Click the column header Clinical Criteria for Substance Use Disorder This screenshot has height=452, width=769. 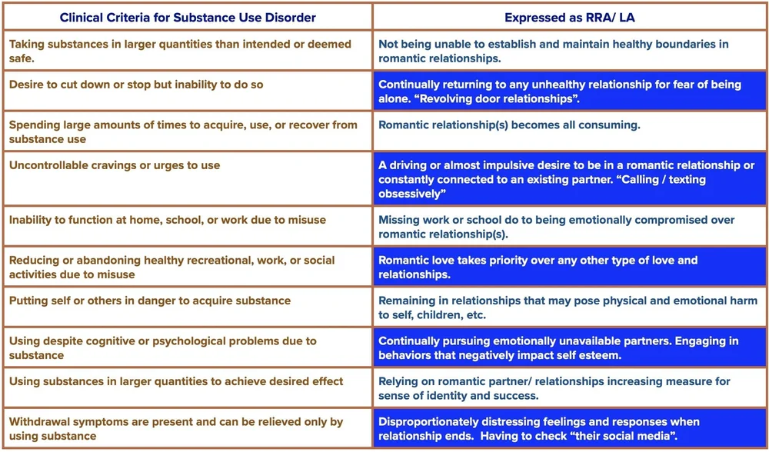coord(188,18)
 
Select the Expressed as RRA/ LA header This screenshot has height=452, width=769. coord(570,18)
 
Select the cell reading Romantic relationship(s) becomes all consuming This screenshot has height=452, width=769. coord(509,125)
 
